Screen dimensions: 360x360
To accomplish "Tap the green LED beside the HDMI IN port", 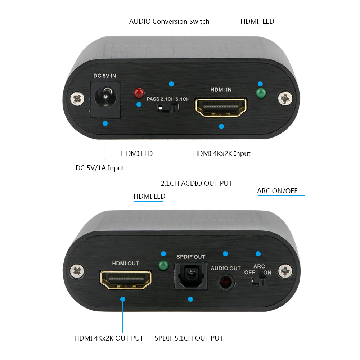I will pos(260,93).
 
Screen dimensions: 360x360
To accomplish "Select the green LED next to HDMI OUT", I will pos(163,266).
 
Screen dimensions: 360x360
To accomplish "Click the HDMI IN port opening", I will pos(221,107).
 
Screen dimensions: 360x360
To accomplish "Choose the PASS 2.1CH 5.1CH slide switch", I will pos(168,108).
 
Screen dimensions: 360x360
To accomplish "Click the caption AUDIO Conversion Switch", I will pos(169,21).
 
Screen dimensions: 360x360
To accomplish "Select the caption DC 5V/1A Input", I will pos(100,168).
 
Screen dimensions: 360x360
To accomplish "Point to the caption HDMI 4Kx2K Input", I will pos(221,153).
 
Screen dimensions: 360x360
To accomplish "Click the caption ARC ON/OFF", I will pos(277,191).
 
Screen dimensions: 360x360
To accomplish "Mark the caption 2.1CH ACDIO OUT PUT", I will pos(196,183).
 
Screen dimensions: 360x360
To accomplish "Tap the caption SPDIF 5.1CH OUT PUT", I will pos(189,338).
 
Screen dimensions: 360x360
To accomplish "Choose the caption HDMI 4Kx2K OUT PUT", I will pos(109,338).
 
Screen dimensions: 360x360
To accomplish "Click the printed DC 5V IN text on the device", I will pos(105,76).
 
